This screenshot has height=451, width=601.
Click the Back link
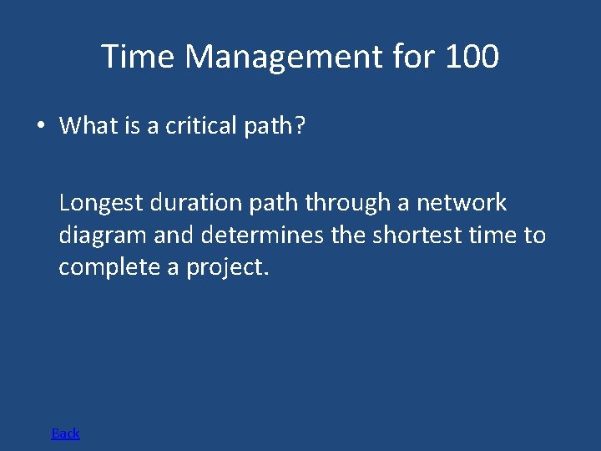tap(65, 433)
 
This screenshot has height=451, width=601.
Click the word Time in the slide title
tap(139, 57)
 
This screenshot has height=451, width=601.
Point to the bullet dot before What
tap(40, 126)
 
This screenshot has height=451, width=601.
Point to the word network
tap(462, 203)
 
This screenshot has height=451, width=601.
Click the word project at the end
tap(226, 268)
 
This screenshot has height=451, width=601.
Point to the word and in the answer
tap(173, 236)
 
